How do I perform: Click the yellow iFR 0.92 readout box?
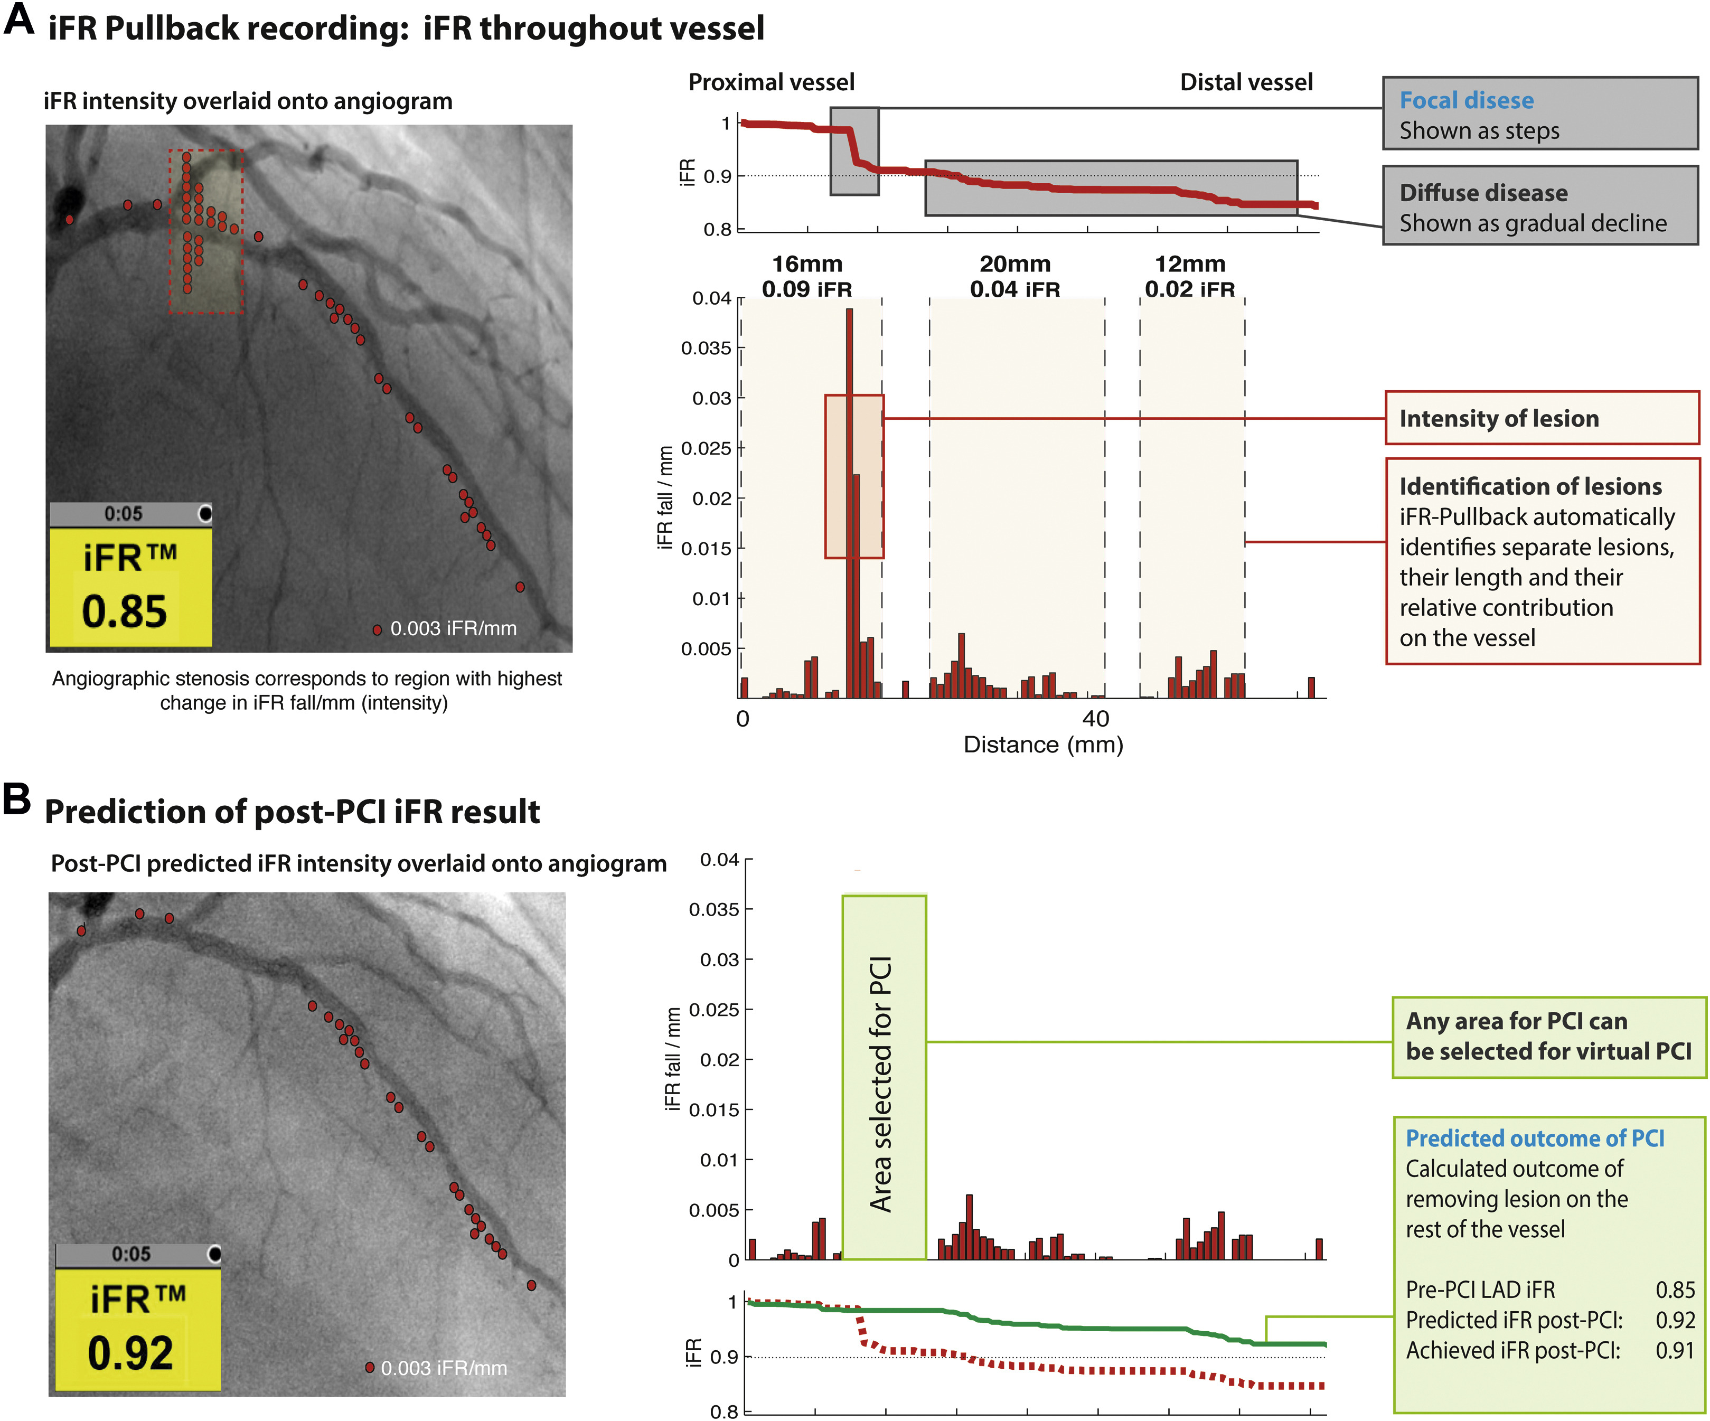coord(138,1329)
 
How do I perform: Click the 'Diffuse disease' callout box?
coord(1540,206)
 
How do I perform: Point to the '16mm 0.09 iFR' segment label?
coord(807,276)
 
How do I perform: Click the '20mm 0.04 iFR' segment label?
coord(1014,276)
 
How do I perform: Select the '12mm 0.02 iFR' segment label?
coord(1190,276)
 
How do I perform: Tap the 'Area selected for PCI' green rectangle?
coord(885,1077)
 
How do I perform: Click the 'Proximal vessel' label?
coord(771,82)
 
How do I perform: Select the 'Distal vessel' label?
coord(1246,82)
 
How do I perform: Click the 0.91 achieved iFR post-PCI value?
coord(1675,1350)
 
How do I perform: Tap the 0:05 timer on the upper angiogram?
coord(123,514)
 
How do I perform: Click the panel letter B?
coord(16,798)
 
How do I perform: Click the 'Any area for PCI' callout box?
coord(1549,1037)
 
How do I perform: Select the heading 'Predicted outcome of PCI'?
coord(1535,1137)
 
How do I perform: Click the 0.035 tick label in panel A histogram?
coord(706,349)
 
